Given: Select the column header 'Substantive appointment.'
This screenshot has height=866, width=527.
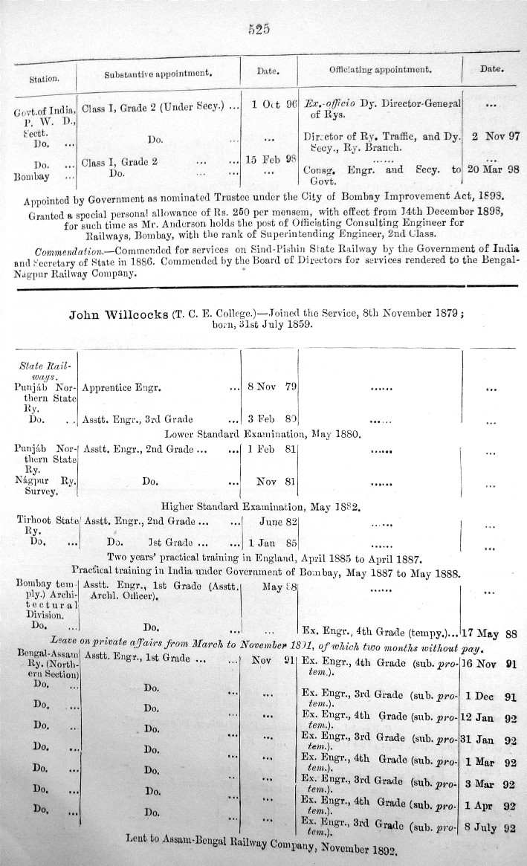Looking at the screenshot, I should (x=158, y=73).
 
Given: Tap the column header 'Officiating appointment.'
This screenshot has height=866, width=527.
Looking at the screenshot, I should (x=381, y=69).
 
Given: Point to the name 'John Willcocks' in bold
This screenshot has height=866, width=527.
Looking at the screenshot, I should (x=117, y=314).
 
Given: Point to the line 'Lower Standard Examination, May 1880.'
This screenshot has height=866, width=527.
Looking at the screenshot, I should (x=263, y=433).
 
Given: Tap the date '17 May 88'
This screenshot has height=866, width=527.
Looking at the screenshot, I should (x=489, y=634).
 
